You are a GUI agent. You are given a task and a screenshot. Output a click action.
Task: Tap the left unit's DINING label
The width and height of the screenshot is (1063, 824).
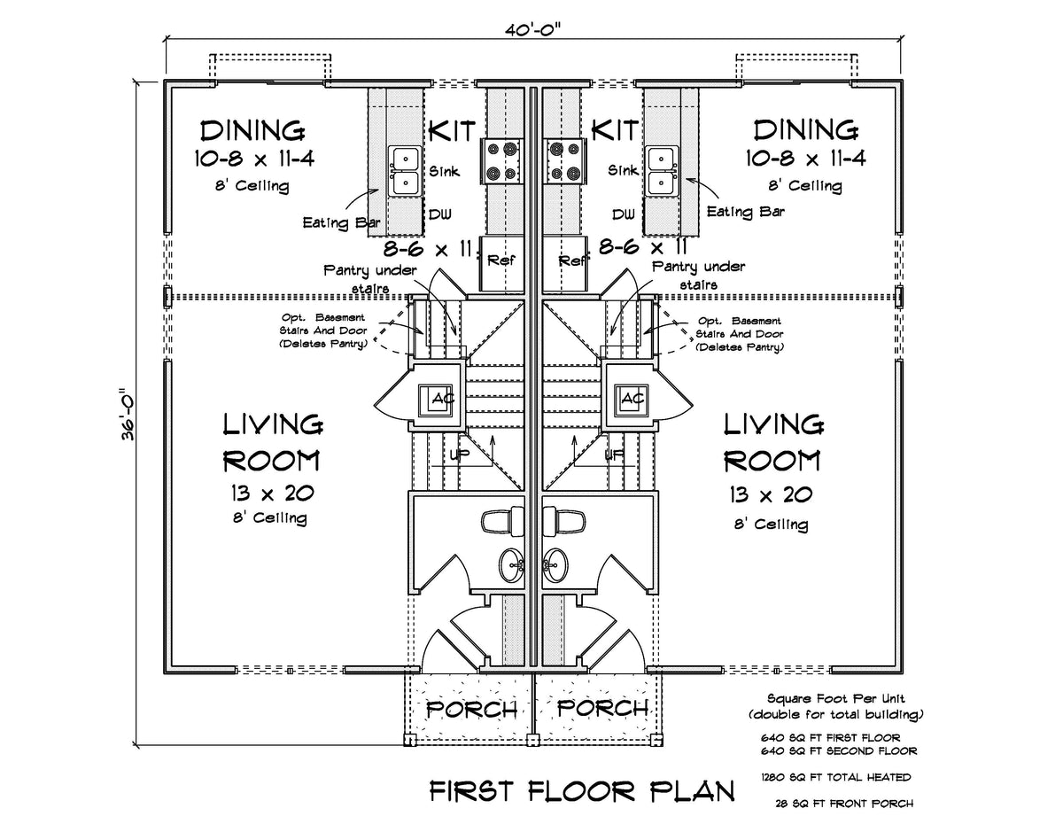(252, 131)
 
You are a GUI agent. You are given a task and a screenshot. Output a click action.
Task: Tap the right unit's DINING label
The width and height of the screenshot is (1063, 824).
(805, 131)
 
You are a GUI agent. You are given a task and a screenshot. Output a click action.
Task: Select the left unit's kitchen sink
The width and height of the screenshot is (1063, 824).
(405, 171)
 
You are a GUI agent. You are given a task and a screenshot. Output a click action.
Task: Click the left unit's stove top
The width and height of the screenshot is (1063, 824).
(501, 160)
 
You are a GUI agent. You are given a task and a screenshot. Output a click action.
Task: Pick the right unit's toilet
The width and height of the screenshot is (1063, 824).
(564, 521)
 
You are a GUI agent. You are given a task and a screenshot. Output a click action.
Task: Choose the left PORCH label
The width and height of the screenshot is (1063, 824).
(472, 709)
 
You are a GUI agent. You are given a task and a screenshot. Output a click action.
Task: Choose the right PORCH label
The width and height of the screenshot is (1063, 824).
(601, 709)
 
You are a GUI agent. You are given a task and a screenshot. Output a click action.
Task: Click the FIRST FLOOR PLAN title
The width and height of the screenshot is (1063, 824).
(582, 790)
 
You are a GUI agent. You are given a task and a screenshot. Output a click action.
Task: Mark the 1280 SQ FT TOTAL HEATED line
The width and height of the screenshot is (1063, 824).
(835, 777)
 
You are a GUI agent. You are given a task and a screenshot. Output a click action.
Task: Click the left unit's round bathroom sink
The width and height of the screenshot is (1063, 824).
(512, 563)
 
